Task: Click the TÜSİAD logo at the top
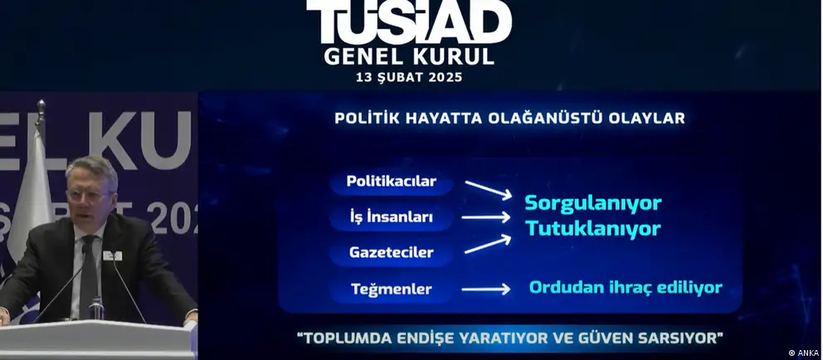tap(409, 22)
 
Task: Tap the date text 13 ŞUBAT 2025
tap(409, 77)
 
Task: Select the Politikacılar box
tap(391, 182)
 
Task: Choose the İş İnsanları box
tap(391, 216)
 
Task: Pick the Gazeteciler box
tap(391, 252)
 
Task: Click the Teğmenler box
tap(391, 289)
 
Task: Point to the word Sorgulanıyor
tap(593, 203)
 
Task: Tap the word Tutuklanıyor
tap(593, 229)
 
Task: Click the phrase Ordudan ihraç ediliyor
tap(626, 288)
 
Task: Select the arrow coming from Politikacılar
tap(488, 190)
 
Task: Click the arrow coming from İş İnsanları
tap(486, 216)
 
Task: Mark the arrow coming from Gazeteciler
tap(488, 244)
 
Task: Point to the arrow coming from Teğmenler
tap(486, 289)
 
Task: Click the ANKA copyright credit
tap(803, 353)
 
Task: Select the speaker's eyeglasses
tap(90, 196)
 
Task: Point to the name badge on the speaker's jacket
tap(112, 255)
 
